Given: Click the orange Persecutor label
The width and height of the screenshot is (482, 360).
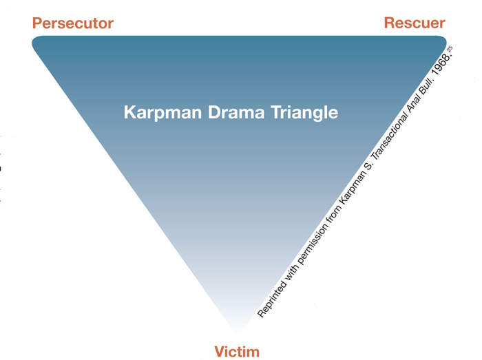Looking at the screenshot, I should tap(72, 23).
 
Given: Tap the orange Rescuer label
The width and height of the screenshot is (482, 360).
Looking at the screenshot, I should tap(414, 23).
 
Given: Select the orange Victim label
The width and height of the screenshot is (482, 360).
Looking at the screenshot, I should tap(237, 352).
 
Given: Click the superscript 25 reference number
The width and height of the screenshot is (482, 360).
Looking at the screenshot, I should tap(449, 49).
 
